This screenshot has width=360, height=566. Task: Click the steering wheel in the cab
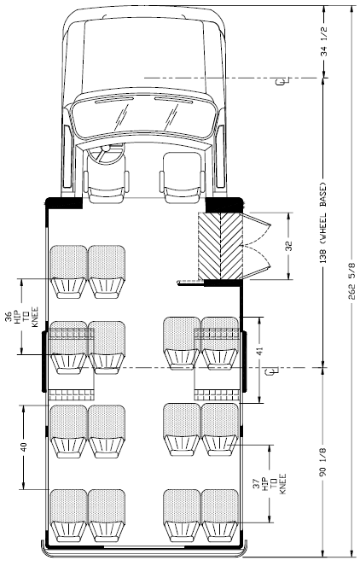105,153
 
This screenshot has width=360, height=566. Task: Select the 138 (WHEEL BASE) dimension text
322,222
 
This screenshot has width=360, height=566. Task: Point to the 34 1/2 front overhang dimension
324,42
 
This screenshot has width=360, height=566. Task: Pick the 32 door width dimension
289,246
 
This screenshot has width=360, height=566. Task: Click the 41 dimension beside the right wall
260,351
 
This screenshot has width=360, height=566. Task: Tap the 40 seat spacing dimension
23,446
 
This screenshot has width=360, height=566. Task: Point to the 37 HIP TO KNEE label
274,484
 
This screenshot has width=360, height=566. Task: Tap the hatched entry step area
220,246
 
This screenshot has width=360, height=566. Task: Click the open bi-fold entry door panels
257,246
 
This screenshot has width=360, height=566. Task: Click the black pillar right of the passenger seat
224,205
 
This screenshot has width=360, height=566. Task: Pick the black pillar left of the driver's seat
63,203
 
